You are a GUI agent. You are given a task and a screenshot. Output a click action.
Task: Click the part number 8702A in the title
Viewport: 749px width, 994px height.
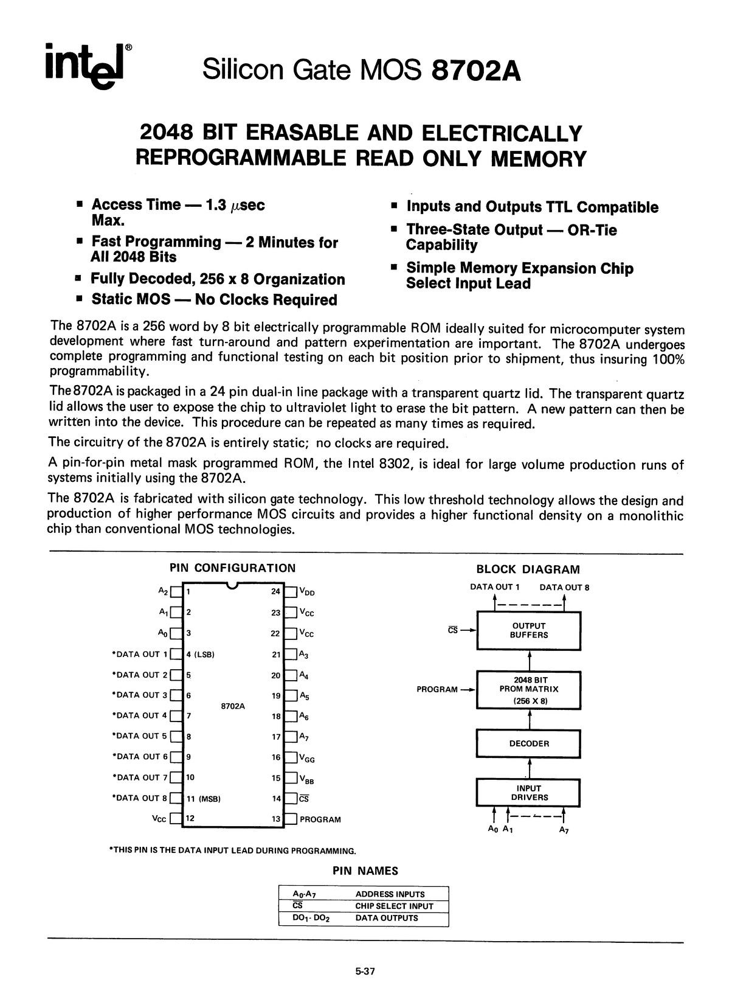coord(476,71)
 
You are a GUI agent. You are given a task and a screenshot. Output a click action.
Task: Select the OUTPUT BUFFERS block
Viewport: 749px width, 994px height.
coord(529,630)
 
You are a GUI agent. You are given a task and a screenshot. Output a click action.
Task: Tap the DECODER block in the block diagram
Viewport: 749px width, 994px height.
coord(529,743)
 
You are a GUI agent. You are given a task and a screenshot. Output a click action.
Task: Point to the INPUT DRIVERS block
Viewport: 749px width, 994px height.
coord(529,793)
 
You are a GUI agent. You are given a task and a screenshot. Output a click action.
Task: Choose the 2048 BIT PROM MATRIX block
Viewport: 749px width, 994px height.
coord(529,689)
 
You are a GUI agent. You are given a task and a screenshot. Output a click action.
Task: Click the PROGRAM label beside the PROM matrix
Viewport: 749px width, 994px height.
coord(437,689)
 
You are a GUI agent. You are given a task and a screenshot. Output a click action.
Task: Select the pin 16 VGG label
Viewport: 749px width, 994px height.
coord(308,758)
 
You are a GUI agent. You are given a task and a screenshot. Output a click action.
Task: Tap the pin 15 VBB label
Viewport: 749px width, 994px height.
coord(308,779)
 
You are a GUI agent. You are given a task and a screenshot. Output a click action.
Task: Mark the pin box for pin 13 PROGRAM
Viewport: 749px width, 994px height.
coord(291,819)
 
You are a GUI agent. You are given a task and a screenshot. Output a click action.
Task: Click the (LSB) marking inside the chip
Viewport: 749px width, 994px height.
coord(204,655)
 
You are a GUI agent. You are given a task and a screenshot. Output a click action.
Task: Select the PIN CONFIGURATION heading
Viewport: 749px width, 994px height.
coord(232,568)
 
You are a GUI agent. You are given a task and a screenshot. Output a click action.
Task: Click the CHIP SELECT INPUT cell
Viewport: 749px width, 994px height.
coord(394,906)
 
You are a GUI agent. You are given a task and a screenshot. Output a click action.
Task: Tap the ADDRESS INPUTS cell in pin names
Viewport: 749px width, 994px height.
coord(390,894)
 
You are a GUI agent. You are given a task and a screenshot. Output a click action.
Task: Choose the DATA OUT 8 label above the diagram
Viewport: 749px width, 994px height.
coord(564,587)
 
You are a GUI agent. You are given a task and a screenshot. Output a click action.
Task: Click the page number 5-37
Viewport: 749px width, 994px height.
coord(365,971)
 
